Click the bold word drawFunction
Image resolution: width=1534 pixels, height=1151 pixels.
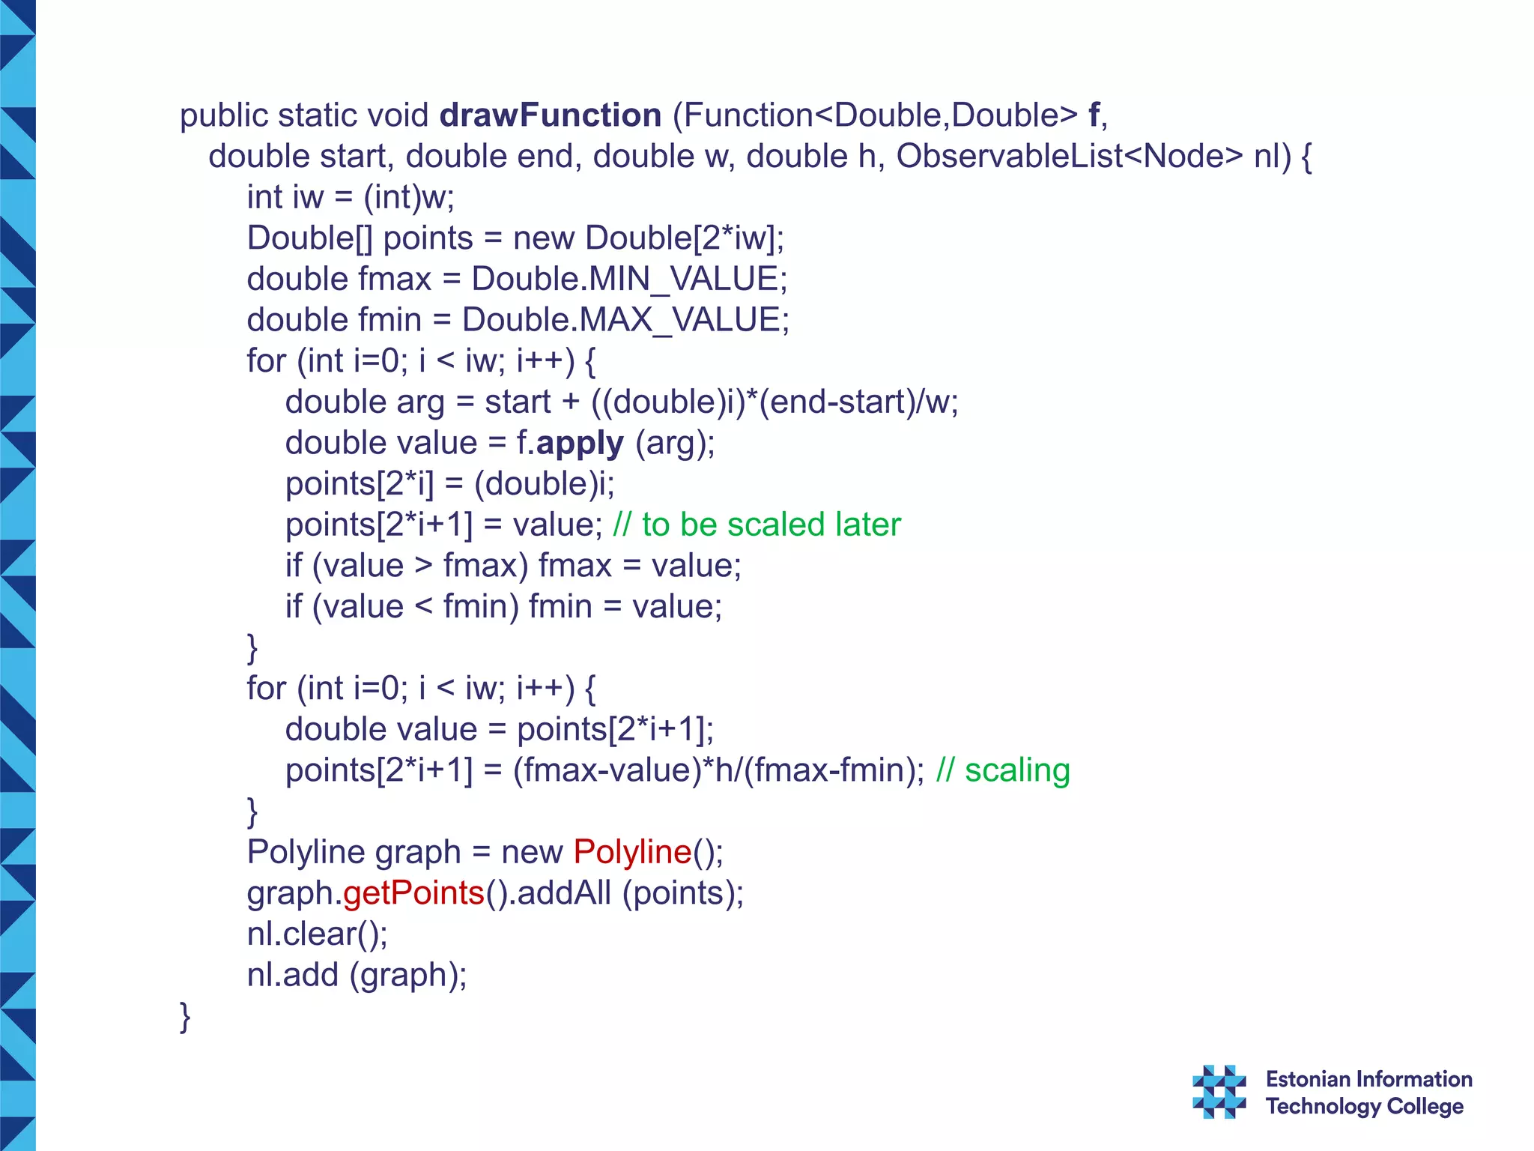click(x=551, y=115)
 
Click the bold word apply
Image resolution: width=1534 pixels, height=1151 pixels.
click(x=580, y=444)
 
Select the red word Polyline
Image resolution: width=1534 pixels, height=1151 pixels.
click(x=632, y=852)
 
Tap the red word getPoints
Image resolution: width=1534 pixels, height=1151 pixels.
click(x=413, y=893)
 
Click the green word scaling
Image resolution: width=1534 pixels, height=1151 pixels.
click(x=1017, y=770)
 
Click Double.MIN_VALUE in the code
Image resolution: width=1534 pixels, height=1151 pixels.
click(x=628, y=280)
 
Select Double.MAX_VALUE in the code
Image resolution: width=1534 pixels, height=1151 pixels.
click(x=625, y=320)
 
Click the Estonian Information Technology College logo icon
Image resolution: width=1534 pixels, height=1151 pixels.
click(x=1219, y=1092)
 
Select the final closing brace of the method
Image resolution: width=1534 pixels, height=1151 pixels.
click(x=185, y=1017)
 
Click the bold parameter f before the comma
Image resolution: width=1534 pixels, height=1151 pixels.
click(x=1094, y=115)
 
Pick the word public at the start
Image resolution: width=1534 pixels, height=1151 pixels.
click(x=224, y=115)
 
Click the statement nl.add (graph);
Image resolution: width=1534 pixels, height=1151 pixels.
click(x=357, y=975)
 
